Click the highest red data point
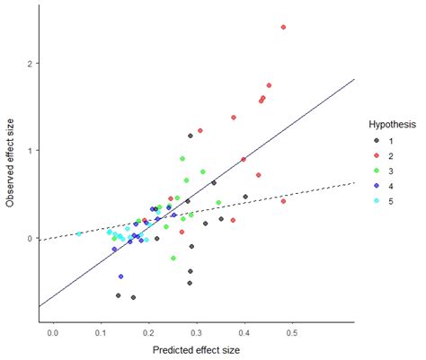pyautogui.click(x=283, y=27)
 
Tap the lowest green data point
pyautogui.click(x=173, y=259)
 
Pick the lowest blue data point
pyautogui.click(x=120, y=277)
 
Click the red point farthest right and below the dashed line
pyautogui.click(x=283, y=201)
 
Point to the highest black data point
pyautogui.click(x=191, y=136)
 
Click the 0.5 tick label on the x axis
pyautogui.click(x=291, y=334)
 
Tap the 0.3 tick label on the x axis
pyautogui.click(x=196, y=334)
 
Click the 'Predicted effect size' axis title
pyautogui.click(x=197, y=350)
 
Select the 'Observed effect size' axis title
pyautogui.click(x=10, y=166)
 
